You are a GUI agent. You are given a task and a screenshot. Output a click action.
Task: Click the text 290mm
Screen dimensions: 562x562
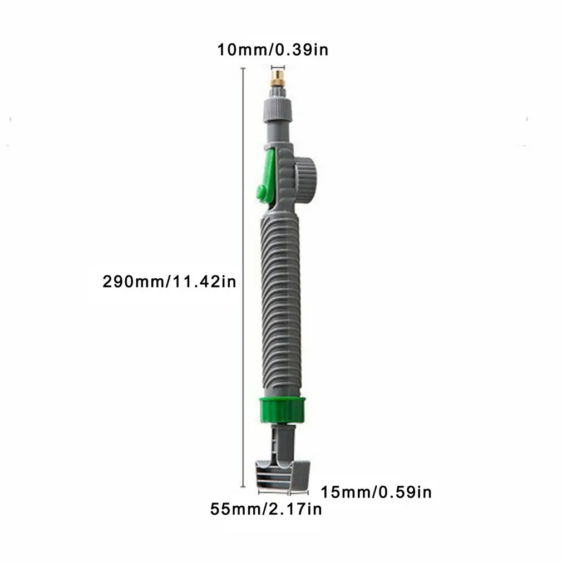pos(131,282)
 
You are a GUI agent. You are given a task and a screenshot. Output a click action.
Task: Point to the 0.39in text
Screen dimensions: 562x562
pos(301,50)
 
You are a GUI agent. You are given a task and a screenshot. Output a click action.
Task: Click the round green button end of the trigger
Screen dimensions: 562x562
pos(260,193)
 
